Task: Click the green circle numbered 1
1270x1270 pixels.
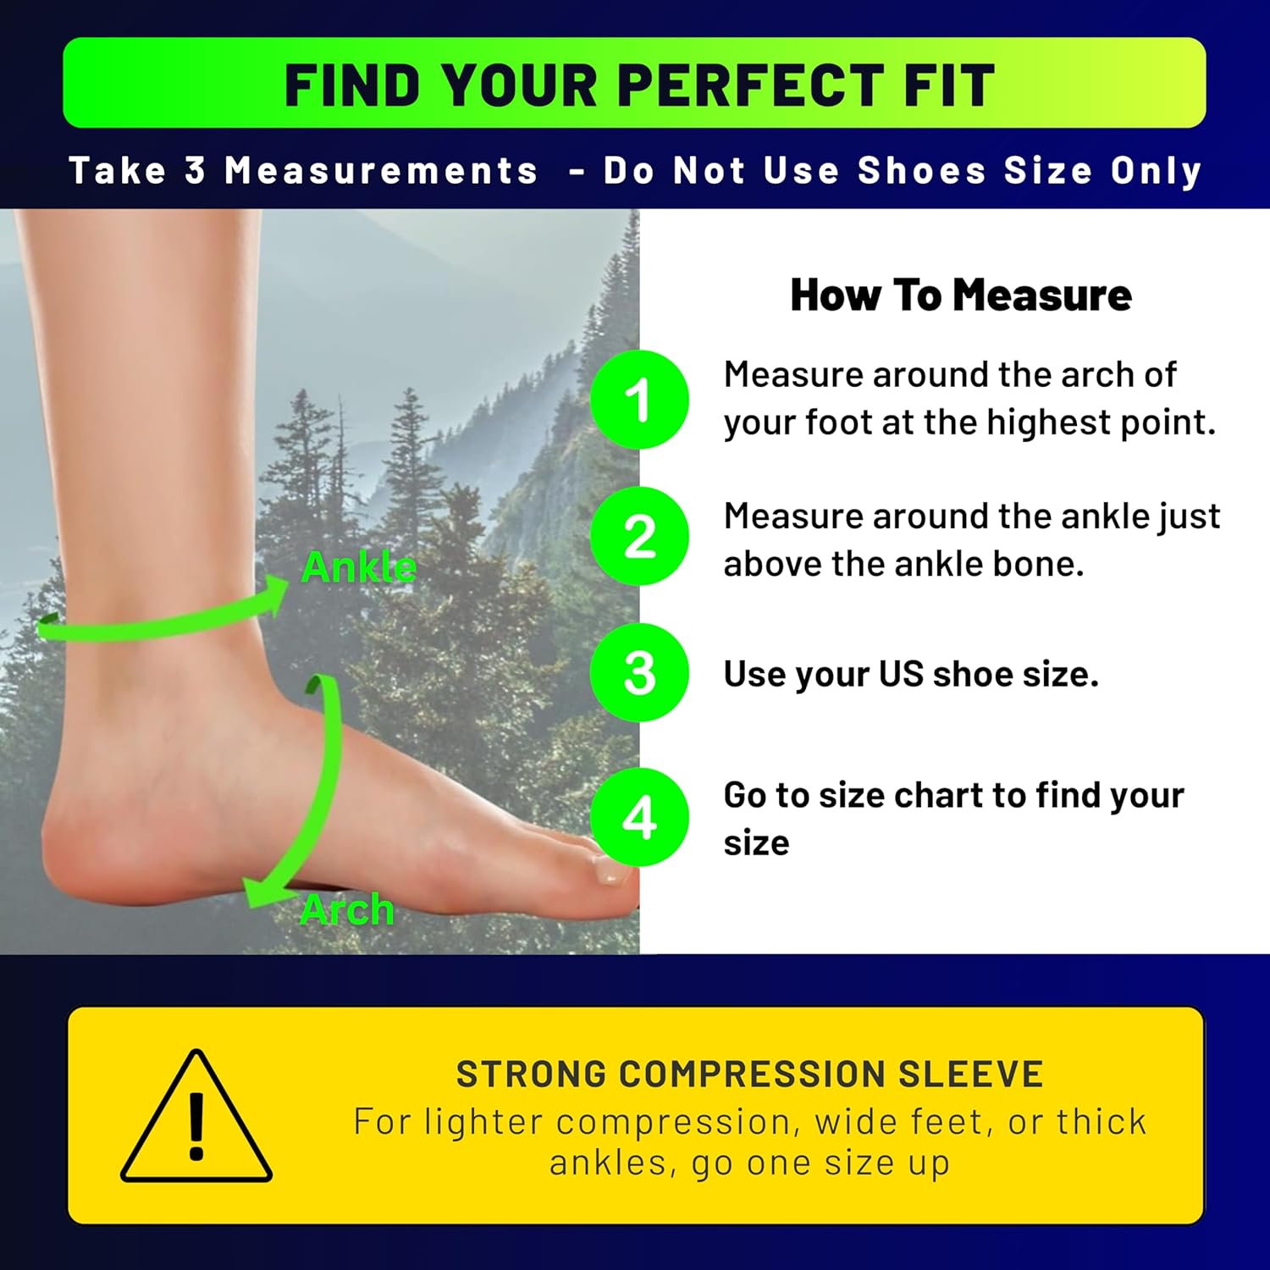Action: (639, 399)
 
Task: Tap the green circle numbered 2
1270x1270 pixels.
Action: (639, 536)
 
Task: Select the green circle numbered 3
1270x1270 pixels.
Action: (639, 673)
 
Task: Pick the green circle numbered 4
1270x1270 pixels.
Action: (639, 817)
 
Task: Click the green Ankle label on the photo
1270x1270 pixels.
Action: (359, 566)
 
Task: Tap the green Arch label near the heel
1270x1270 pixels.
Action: (347, 910)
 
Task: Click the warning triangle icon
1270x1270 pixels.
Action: (196, 1118)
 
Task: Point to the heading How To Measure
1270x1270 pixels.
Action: (960, 295)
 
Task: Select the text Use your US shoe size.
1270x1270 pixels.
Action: (910, 674)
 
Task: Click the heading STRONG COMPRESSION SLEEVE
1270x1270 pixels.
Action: (749, 1074)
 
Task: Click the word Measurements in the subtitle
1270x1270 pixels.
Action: (381, 170)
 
